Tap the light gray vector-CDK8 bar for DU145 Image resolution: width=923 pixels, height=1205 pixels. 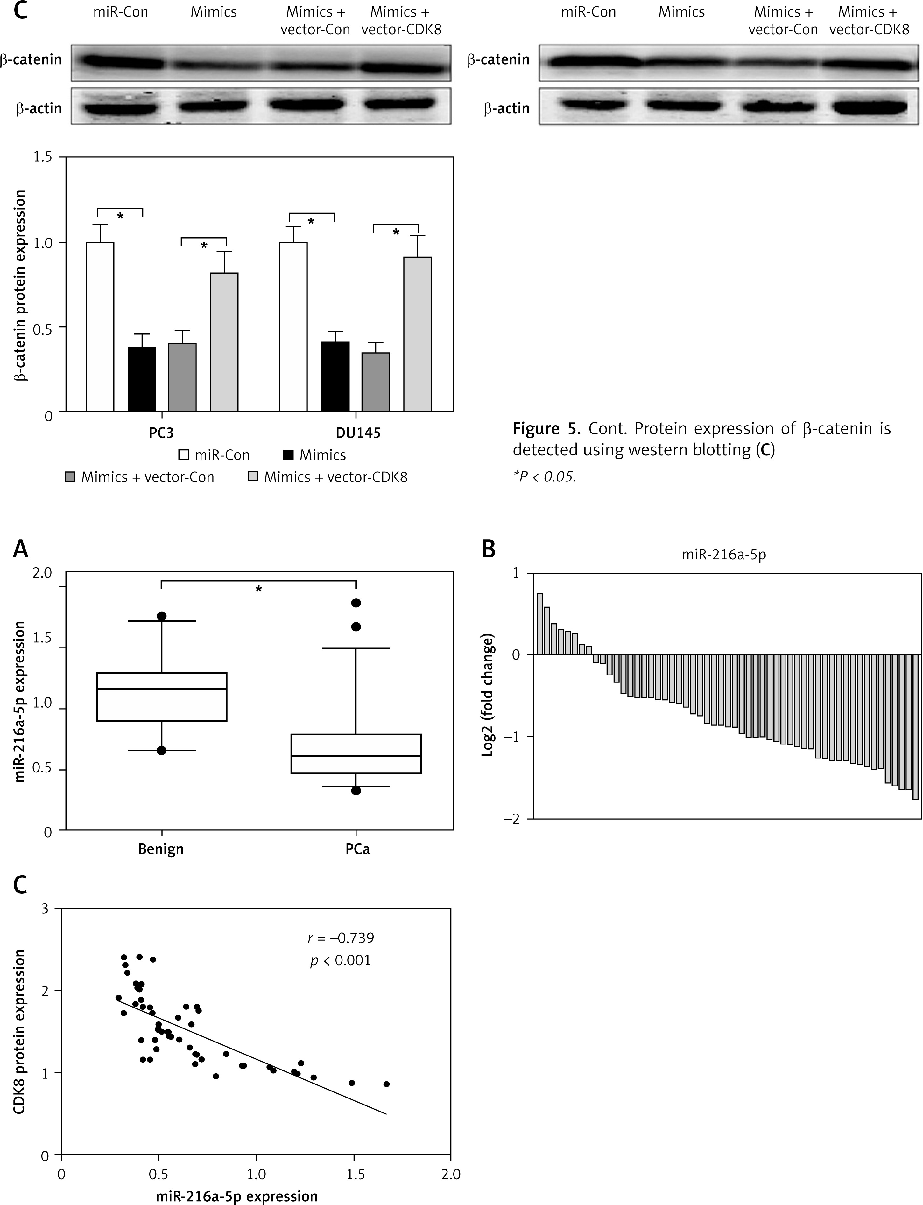[x=418, y=334]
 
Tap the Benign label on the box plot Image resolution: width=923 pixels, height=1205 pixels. [x=160, y=849]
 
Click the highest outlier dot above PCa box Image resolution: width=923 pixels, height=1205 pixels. [x=356, y=603]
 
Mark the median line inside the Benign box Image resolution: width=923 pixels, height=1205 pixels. [x=162, y=689]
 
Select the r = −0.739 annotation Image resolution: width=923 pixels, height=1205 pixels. [x=341, y=938]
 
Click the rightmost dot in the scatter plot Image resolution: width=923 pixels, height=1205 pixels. [x=386, y=1084]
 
